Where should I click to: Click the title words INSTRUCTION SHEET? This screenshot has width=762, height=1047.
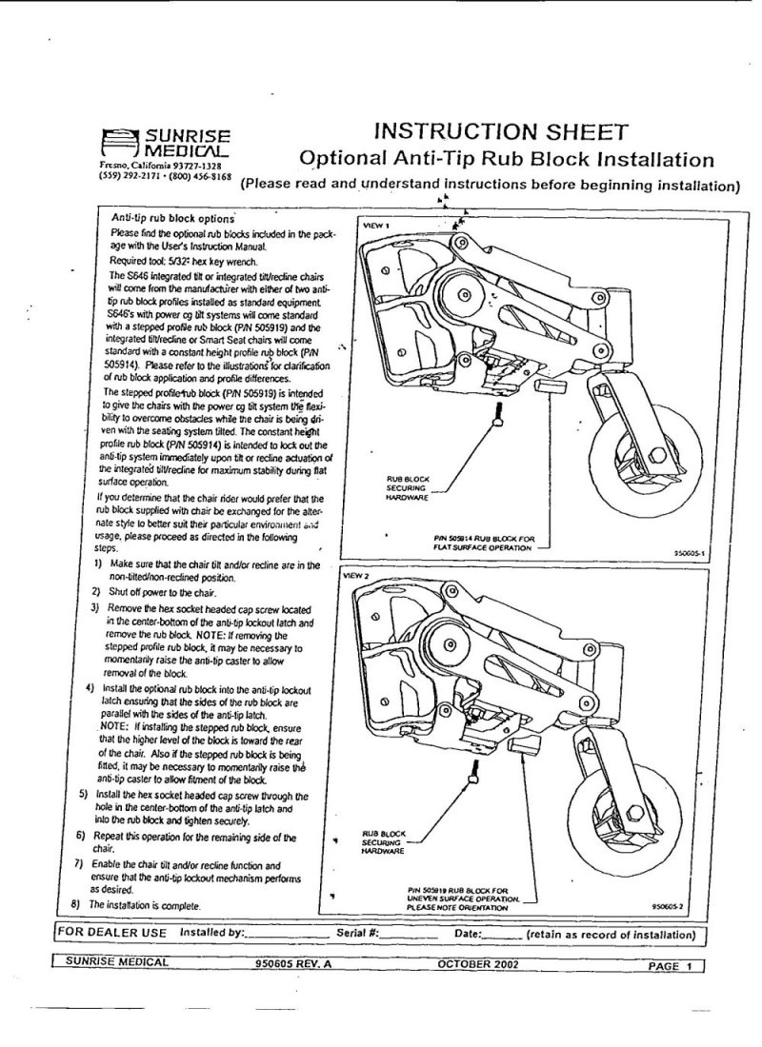coord(499,131)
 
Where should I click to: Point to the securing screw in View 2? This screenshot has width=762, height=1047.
coord(472,780)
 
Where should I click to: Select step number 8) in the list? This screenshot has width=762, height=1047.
coord(74,903)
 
